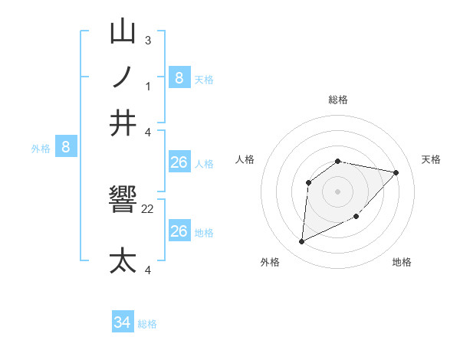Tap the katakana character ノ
click(123, 78)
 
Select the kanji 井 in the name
click(123, 123)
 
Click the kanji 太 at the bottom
click(123, 260)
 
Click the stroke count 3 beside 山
click(147, 40)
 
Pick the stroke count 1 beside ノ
click(148, 86)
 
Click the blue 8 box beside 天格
click(179, 78)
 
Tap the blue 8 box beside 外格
click(66, 148)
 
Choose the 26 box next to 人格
click(179, 162)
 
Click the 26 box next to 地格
click(179, 231)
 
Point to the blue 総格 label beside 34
click(147, 324)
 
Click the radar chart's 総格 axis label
click(338, 100)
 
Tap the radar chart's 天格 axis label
click(431, 159)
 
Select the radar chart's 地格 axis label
click(402, 262)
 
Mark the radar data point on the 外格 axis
click(301, 242)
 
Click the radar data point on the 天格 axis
click(396, 172)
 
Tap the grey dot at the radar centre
click(338, 191)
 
